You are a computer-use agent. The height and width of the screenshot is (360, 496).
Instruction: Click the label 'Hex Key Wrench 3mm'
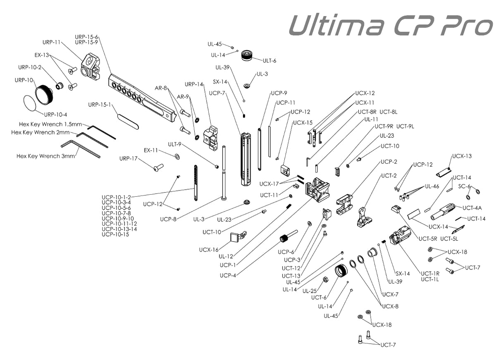click(x=45, y=157)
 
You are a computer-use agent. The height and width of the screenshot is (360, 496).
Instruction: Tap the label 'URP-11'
click(x=52, y=42)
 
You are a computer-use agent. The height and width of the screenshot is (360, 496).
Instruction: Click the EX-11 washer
click(x=177, y=157)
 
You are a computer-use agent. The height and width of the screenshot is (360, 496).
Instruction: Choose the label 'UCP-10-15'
click(x=115, y=234)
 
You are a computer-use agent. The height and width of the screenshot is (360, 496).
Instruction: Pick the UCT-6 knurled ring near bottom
click(x=341, y=272)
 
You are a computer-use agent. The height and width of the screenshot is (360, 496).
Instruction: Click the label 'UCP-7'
click(x=217, y=93)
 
